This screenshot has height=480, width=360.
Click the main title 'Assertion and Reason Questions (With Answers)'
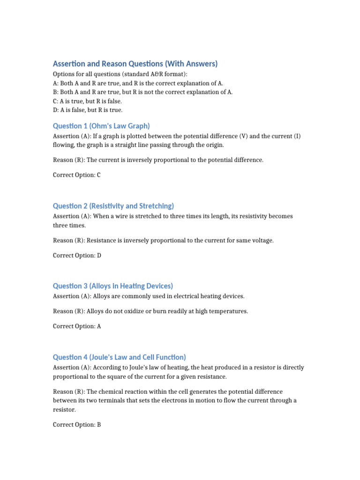point(135,64)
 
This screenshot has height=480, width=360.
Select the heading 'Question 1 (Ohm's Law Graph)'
point(101,126)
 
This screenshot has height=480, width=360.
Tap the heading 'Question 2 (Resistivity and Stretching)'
point(113,206)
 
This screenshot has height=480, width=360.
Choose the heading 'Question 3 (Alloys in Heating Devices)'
point(113,286)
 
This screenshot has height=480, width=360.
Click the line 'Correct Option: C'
point(77,175)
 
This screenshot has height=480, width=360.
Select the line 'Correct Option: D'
point(77,255)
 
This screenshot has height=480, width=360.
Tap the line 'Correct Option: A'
point(77,326)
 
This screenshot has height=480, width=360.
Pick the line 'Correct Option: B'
point(77,425)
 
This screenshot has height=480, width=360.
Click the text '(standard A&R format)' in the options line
point(150,74)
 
